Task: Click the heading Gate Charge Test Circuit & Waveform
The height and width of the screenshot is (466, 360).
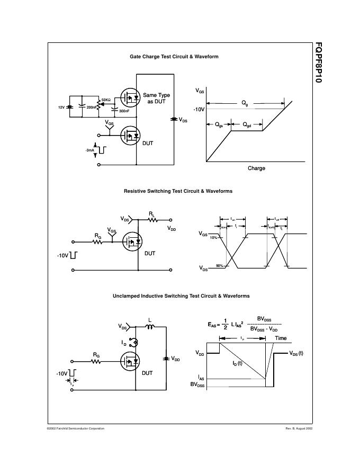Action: (x=174, y=56)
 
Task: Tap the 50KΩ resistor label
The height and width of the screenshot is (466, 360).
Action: (x=106, y=100)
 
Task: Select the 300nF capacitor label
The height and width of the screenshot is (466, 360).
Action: (x=124, y=111)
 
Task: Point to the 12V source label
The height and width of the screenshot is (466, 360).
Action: (x=61, y=107)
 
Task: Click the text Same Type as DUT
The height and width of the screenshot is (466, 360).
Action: (x=156, y=98)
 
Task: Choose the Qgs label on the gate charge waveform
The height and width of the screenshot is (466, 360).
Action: (x=219, y=125)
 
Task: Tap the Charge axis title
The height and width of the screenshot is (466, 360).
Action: (x=256, y=168)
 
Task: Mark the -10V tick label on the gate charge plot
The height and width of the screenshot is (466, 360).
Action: (x=199, y=109)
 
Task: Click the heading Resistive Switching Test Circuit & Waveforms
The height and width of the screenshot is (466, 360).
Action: (x=178, y=191)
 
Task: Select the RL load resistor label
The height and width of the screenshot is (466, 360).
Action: (x=151, y=214)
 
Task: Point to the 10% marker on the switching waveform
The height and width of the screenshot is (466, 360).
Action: (x=213, y=238)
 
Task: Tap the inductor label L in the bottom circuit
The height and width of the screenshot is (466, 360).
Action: (x=150, y=319)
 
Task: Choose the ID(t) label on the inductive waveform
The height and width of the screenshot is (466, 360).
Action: (x=237, y=363)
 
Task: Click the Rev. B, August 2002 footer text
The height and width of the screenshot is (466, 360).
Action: (x=299, y=428)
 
